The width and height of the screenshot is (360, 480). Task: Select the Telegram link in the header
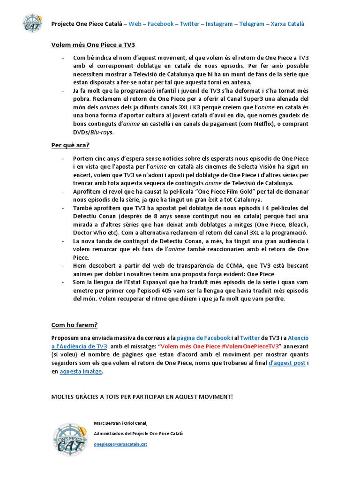point(252,24)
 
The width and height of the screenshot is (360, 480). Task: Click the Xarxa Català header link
point(287,24)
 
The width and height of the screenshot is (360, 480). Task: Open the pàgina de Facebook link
point(203,337)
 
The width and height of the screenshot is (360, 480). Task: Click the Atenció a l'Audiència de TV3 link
point(79,346)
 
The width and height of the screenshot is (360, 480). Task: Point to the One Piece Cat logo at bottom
point(70,439)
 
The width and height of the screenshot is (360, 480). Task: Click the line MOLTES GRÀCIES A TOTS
point(142,397)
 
